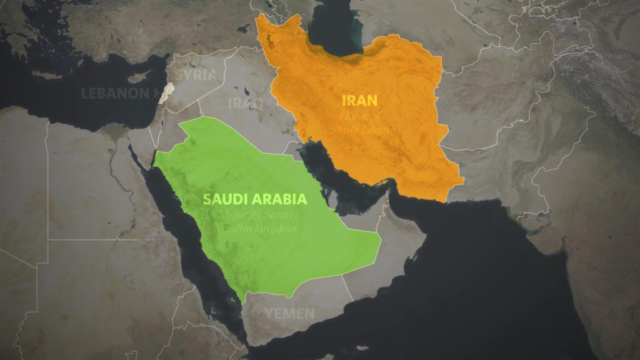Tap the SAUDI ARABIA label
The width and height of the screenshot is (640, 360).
[x=254, y=199]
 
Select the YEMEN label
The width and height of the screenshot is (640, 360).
[x=289, y=313]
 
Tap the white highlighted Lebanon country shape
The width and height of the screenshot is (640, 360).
[x=165, y=92]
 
